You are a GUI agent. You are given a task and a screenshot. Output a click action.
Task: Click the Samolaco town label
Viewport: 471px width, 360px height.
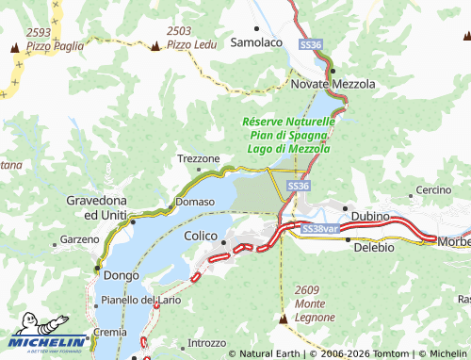point(256,42)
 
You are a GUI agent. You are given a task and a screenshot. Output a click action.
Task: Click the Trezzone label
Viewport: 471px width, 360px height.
point(199,158)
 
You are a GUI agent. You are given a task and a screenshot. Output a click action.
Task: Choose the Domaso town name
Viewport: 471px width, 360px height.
point(195,202)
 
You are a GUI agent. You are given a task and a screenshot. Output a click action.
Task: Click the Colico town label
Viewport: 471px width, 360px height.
point(201,235)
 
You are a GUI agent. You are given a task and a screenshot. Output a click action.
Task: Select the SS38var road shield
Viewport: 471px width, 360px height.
point(318,229)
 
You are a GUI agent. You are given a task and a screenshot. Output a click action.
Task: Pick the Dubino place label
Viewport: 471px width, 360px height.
point(370,216)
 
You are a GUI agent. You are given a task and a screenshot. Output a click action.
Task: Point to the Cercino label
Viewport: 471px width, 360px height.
point(434,189)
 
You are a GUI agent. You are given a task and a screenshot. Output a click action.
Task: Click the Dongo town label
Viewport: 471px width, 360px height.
point(122,275)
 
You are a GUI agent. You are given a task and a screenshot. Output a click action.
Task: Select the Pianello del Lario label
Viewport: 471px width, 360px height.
point(141,300)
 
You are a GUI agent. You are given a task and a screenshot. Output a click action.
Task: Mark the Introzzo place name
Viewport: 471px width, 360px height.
point(207,343)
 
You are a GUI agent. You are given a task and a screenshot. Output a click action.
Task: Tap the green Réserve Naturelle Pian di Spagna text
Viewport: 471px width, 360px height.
point(287,135)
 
